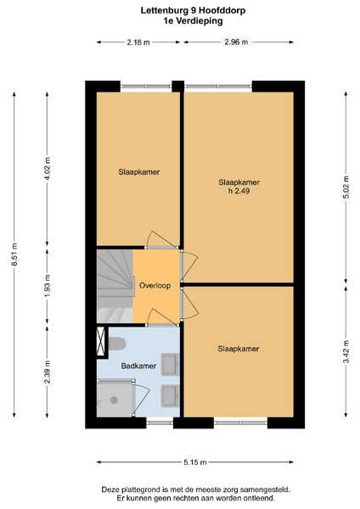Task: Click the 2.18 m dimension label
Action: (x=138, y=42)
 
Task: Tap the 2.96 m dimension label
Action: (x=236, y=42)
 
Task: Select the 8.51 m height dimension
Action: (x=14, y=255)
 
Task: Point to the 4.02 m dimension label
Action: (x=48, y=169)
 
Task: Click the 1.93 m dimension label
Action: (x=48, y=286)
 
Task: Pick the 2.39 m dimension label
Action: (x=48, y=372)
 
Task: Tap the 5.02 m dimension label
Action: (x=346, y=187)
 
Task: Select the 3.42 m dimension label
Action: (x=346, y=351)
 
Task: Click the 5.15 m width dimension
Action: (x=195, y=462)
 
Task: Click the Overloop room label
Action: (x=155, y=286)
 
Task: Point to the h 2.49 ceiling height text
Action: (x=239, y=191)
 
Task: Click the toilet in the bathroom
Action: (x=117, y=344)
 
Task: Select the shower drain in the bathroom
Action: (x=114, y=400)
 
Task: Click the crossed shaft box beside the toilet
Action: (x=101, y=341)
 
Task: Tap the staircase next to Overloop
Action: (x=115, y=286)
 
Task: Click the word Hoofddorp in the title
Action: (x=222, y=11)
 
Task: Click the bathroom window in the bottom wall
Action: (x=160, y=422)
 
